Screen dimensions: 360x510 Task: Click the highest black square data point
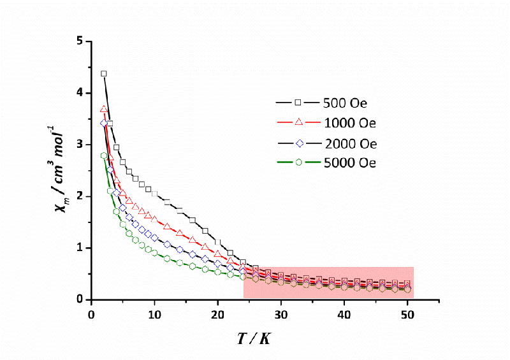pos(103,74)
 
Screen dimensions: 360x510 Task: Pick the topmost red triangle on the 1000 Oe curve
pos(103,109)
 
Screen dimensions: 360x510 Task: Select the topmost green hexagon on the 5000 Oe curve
pos(103,155)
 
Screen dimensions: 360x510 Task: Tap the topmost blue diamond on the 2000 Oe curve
pos(103,124)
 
